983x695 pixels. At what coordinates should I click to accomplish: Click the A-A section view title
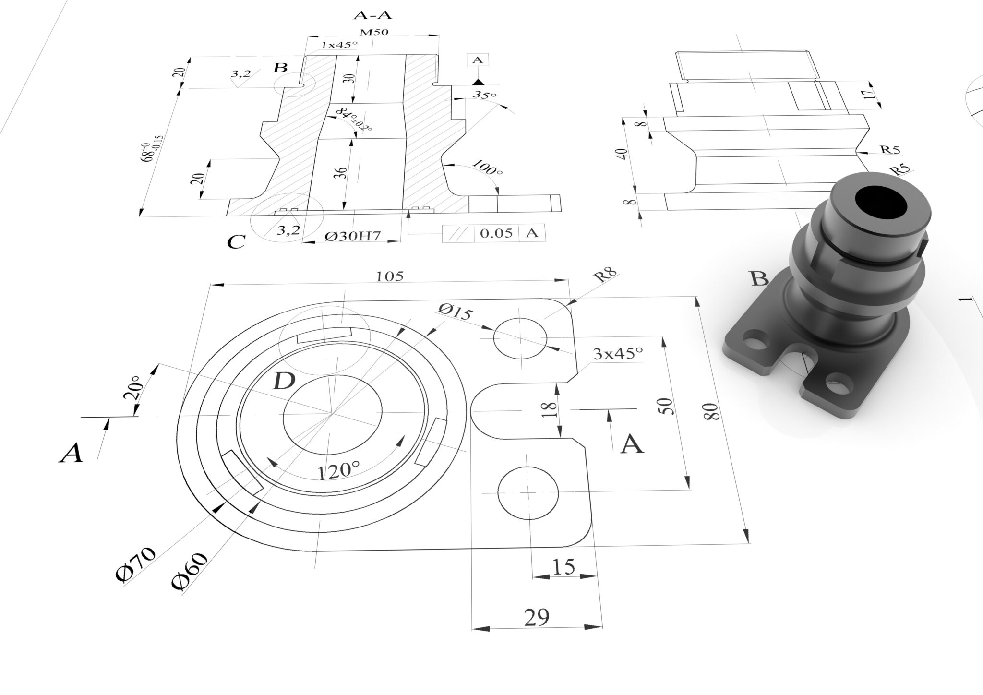pyautogui.click(x=372, y=15)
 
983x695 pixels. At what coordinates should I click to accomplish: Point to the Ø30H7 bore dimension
pyautogui.click(x=353, y=236)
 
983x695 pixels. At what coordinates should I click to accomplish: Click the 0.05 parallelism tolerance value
pyautogui.click(x=496, y=234)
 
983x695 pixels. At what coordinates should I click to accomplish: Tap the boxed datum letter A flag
pyautogui.click(x=477, y=60)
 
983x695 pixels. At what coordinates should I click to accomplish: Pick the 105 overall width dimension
pyautogui.click(x=389, y=276)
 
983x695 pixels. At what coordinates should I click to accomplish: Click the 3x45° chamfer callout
pyautogui.click(x=618, y=354)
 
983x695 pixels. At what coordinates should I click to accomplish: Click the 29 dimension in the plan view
pyautogui.click(x=536, y=617)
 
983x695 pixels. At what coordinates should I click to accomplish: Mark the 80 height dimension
pyautogui.click(x=713, y=412)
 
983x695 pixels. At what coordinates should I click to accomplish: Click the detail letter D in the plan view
pyautogui.click(x=283, y=382)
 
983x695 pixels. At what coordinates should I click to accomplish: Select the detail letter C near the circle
pyautogui.click(x=236, y=242)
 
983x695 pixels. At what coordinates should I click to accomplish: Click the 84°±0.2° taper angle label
pyautogui.click(x=354, y=120)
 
